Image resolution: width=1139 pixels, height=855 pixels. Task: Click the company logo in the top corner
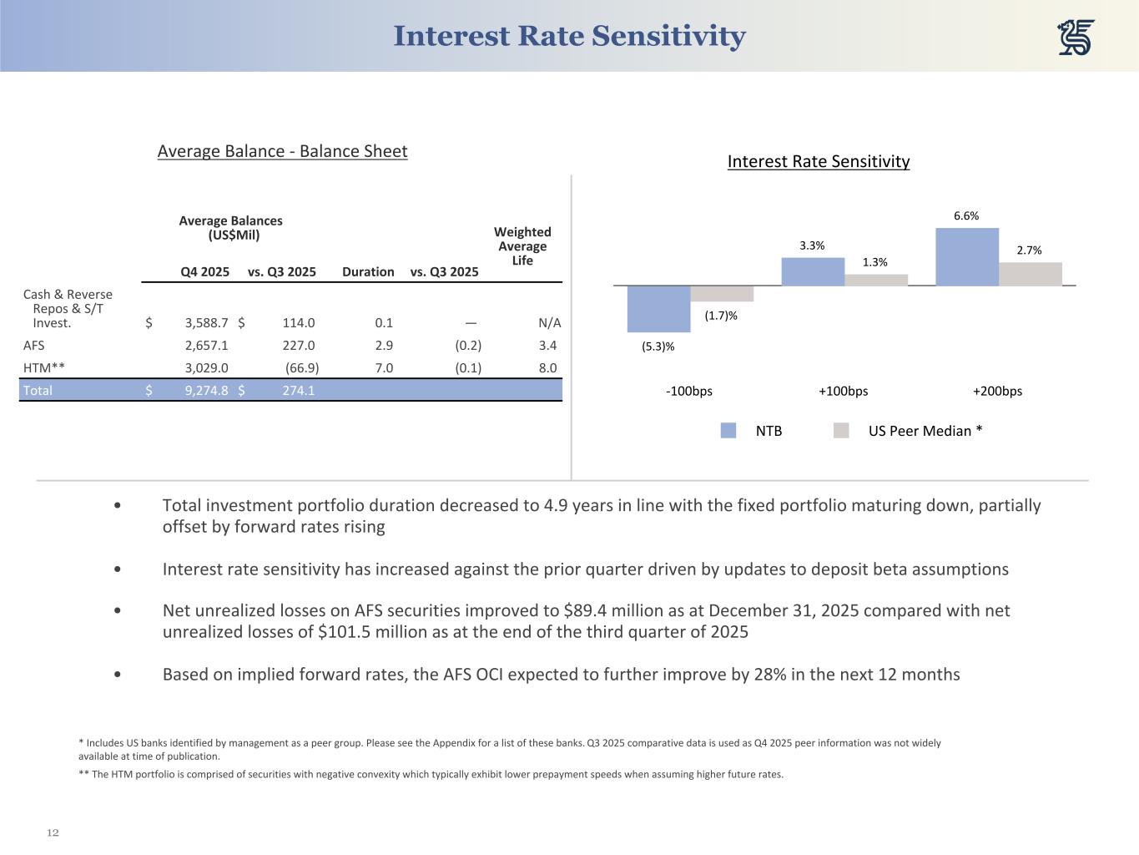[x=1076, y=38]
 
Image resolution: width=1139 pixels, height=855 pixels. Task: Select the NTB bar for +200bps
[x=967, y=257]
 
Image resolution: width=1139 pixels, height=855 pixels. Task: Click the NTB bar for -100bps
[x=658, y=309]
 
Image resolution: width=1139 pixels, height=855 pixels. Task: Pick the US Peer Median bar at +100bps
[x=876, y=280]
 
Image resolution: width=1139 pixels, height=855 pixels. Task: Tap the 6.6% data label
[x=966, y=216]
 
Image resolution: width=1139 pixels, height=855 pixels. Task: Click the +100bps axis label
[x=843, y=391]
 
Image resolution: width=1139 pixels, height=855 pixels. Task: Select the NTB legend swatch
[x=728, y=431]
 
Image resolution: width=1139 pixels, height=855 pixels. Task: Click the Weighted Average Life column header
[x=522, y=246]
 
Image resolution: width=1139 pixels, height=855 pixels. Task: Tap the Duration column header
[x=368, y=272]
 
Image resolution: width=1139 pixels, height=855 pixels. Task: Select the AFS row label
[x=34, y=346]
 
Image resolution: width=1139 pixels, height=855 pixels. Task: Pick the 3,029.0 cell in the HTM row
[x=206, y=367]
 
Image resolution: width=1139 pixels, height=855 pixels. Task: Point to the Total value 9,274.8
[x=206, y=390]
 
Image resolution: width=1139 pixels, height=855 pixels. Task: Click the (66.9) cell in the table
[x=302, y=367]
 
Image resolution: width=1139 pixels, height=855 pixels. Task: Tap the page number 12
[x=53, y=833]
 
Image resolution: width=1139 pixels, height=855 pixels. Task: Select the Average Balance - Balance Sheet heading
[x=282, y=151]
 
